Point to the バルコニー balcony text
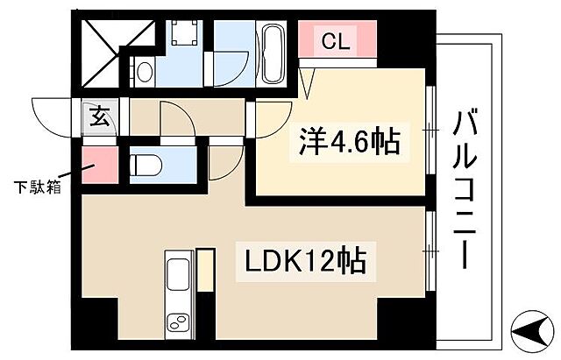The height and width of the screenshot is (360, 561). tap(465, 189)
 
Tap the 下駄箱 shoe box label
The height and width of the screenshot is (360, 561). tap(37, 186)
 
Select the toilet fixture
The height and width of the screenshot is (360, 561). tap(146, 163)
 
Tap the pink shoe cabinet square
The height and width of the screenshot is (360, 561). tap(98, 166)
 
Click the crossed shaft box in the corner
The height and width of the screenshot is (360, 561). tap(104, 43)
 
